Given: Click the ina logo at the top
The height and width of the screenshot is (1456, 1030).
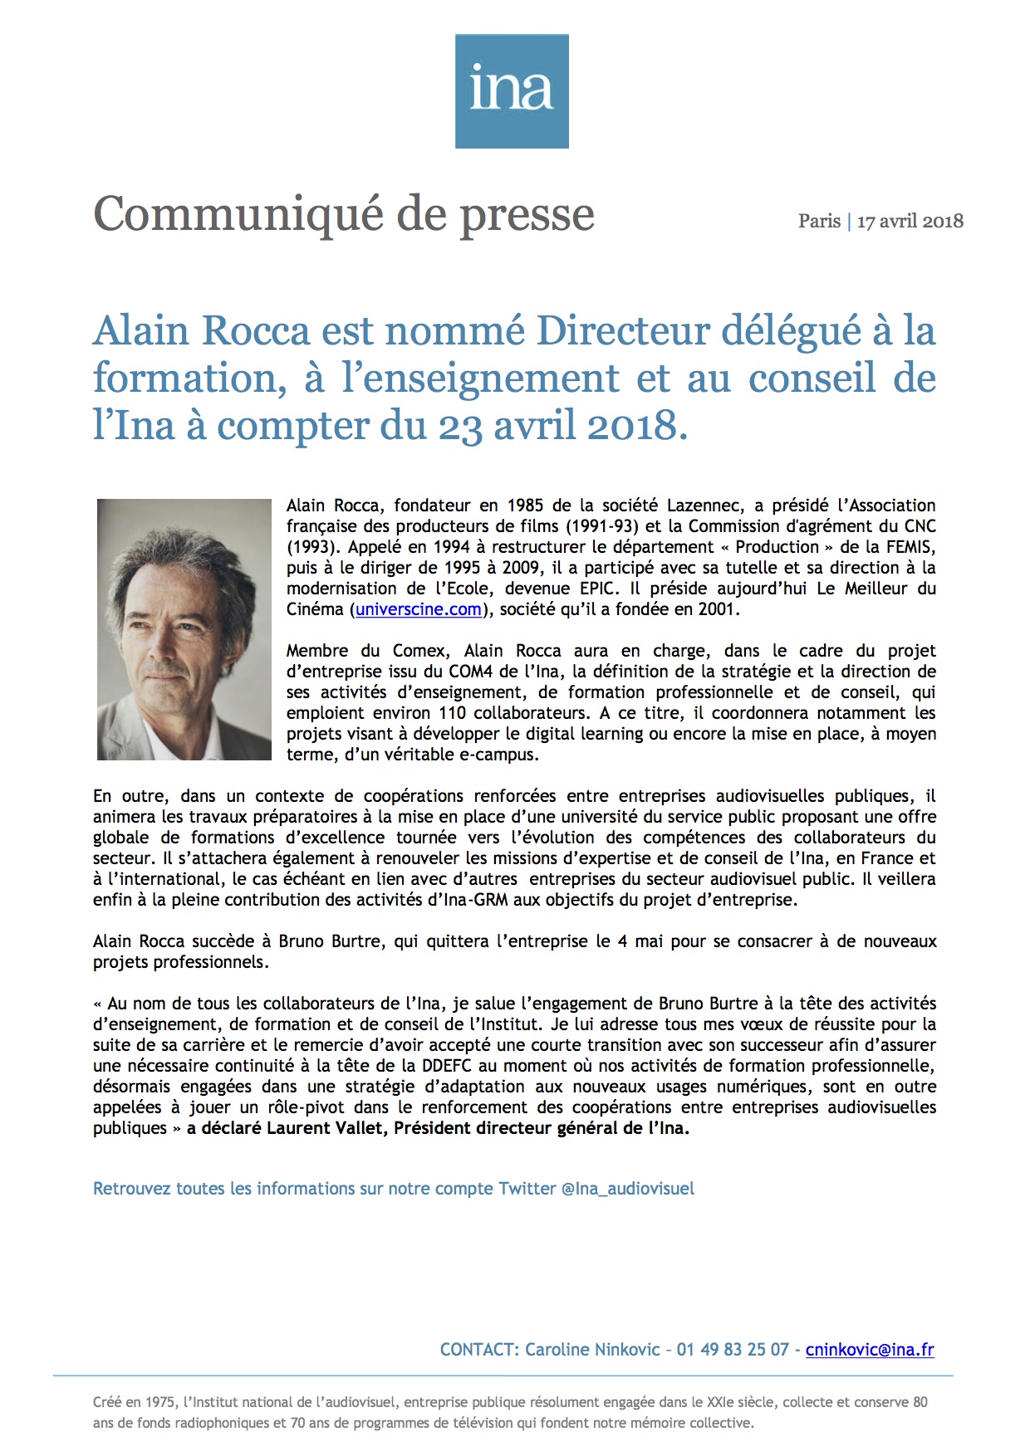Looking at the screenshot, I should (x=512, y=91).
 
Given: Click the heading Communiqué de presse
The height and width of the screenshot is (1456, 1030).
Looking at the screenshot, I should (x=344, y=214).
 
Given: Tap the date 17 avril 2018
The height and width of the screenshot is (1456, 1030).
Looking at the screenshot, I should (x=910, y=221).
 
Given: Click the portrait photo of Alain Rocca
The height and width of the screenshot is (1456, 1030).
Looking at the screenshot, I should (x=184, y=629).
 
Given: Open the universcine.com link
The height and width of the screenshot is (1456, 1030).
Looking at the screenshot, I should (x=419, y=609).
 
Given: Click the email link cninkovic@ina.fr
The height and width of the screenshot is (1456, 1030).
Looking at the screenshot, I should (x=870, y=1350).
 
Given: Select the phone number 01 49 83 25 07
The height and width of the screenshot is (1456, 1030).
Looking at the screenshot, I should (x=732, y=1350).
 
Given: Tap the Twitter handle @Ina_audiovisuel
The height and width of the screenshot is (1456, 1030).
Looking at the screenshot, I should (x=628, y=1189).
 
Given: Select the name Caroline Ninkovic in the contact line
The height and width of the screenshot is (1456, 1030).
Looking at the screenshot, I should (x=592, y=1350).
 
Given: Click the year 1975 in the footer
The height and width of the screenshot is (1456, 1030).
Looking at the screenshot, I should (x=160, y=1402).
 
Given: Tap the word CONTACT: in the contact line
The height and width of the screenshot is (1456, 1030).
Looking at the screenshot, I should (x=479, y=1350).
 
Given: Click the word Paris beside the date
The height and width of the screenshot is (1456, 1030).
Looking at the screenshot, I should (x=819, y=221).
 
